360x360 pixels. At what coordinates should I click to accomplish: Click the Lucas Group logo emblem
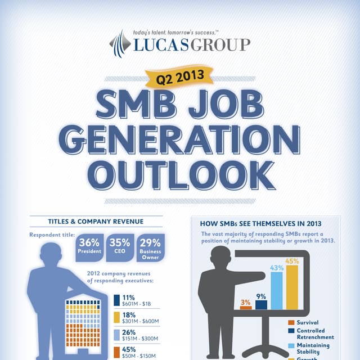click(x=119, y=43)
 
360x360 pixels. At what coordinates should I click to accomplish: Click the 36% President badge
click(x=90, y=246)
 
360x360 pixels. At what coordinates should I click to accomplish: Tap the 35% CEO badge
click(x=120, y=246)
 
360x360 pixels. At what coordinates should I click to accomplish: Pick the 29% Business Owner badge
click(x=150, y=247)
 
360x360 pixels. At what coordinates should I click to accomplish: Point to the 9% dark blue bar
click(x=261, y=305)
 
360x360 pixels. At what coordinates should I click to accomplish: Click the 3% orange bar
click(x=246, y=308)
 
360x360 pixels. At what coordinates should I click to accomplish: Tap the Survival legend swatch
click(x=291, y=323)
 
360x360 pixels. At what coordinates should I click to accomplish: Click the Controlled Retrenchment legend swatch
click(x=291, y=331)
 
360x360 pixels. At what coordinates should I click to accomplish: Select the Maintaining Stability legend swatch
click(x=291, y=345)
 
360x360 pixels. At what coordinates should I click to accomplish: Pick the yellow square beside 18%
click(x=116, y=318)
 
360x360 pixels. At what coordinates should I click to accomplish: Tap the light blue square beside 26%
click(x=116, y=335)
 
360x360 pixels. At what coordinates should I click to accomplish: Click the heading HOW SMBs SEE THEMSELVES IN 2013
click(x=265, y=223)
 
